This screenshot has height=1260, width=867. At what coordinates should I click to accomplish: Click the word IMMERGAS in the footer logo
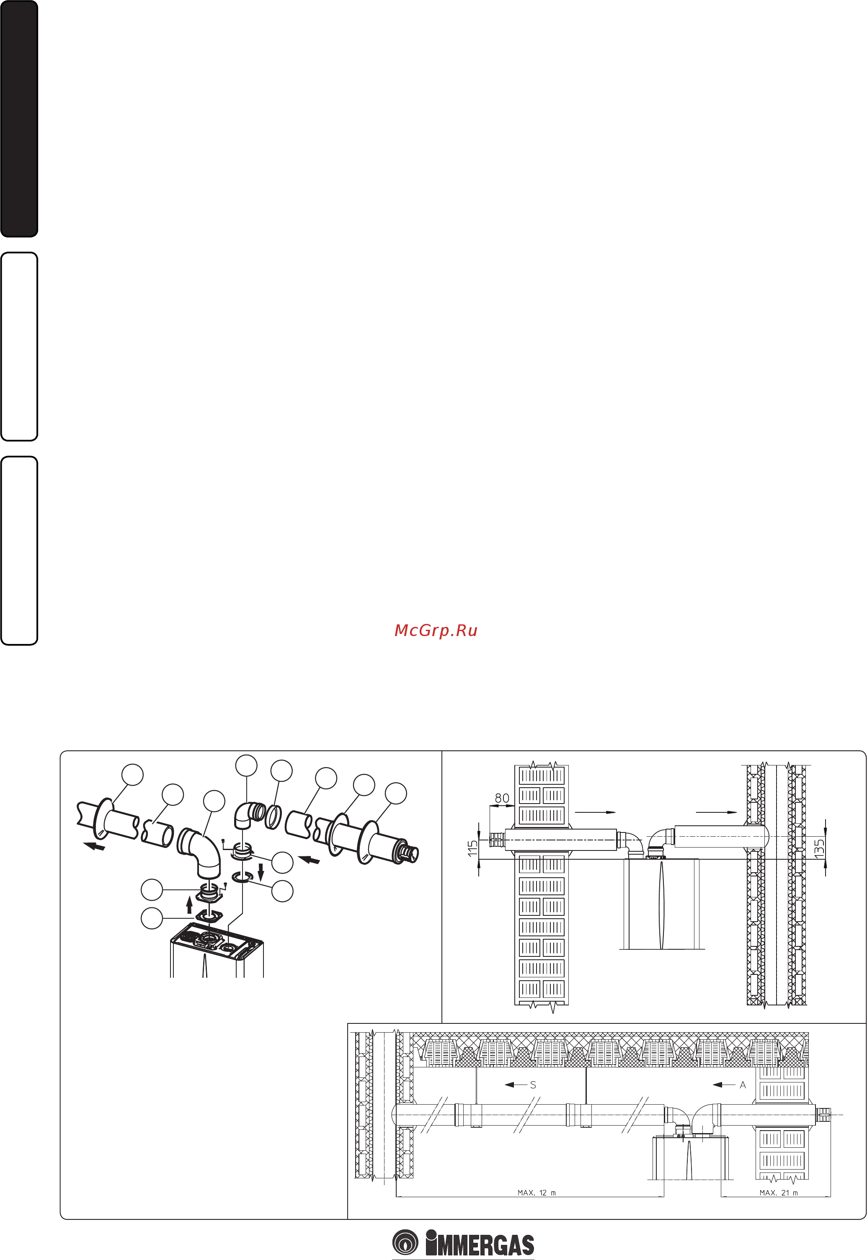pos(480,1243)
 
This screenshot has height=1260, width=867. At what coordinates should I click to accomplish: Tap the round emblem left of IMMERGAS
pos(405,1242)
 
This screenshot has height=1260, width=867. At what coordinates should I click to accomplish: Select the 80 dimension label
pos(502,798)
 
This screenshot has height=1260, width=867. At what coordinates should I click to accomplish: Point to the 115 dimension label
pos(472,848)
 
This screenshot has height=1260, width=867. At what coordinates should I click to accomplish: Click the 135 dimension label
pos(819,848)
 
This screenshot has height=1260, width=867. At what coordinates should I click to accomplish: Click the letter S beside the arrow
pos(533,1085)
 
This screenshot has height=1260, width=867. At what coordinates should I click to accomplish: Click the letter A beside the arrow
pos(743,1085)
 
